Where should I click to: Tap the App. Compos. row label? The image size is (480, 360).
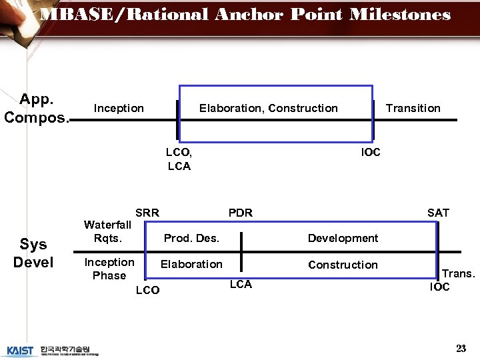37,108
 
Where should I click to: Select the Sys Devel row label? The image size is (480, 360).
33,253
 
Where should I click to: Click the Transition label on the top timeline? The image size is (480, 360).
413,108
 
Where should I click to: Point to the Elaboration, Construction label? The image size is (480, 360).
268,108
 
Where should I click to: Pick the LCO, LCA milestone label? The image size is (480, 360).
179,159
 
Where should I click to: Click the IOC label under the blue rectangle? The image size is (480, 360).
371,152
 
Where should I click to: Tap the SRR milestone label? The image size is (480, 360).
147,213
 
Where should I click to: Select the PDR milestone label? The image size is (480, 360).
241,213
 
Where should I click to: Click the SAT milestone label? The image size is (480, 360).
438,213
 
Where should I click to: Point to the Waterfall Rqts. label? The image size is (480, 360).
107,231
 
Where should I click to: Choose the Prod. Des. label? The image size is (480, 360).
191,238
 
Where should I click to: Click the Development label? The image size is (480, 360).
343,238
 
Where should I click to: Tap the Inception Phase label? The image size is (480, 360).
109,269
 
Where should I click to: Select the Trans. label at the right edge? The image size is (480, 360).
459,273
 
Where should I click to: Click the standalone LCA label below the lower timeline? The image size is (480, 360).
241,285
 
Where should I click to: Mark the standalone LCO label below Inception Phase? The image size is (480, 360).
147,290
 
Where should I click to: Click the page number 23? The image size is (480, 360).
461,349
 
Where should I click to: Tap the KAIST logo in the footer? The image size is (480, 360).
21,350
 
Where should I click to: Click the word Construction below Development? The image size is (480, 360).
343,265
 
